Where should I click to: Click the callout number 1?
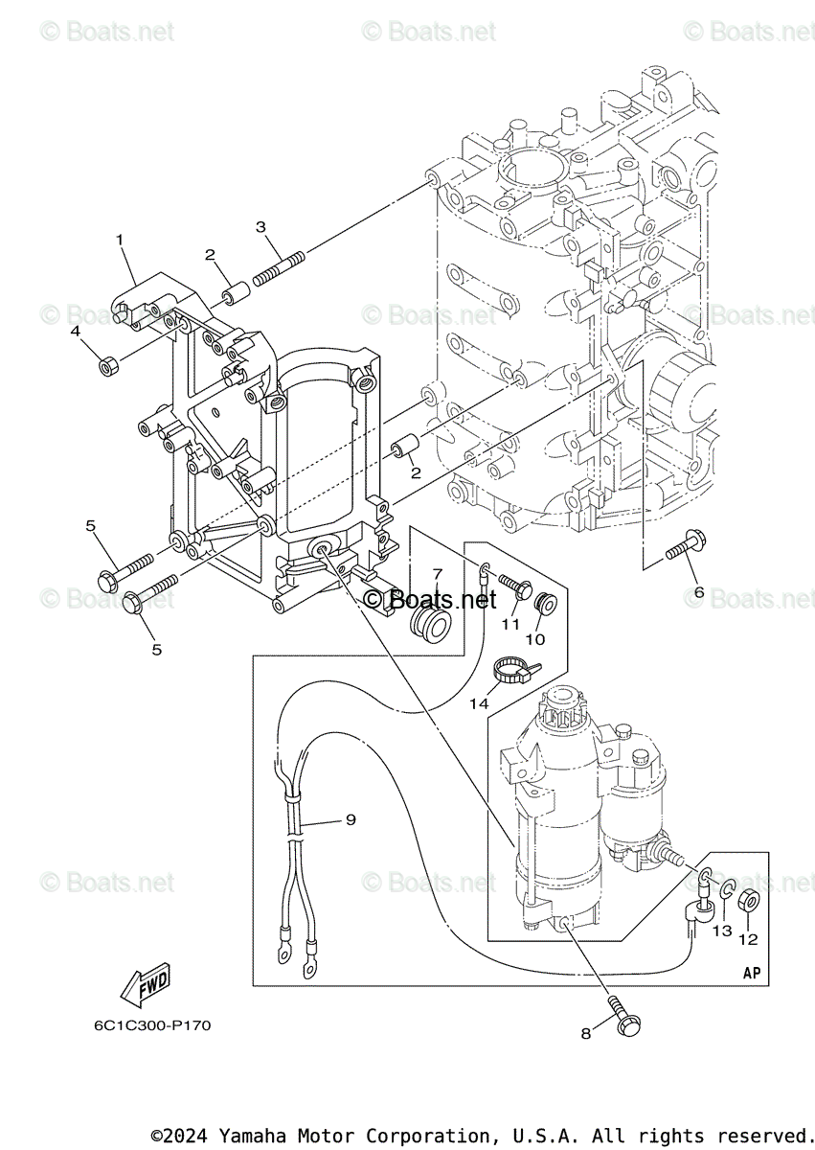coord(120,239)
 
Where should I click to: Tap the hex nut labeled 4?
coord(108,365)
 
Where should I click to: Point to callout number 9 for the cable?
coord(351,819)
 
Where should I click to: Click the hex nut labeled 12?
coord(750,901)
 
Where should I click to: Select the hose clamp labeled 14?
coord(510,670)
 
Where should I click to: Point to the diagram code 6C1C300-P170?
coord(152,1025)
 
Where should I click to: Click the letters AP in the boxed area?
coord(752,973)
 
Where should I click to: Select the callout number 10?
coord(534,638)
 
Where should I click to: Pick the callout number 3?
coord(260,227)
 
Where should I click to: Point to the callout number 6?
coord(699,593)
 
